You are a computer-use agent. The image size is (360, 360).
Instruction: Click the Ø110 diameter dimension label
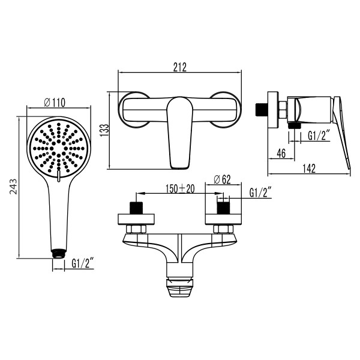coord(55,103)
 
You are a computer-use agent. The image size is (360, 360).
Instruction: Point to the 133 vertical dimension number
coord(104,130)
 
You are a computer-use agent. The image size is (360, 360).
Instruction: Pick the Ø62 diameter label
coord(223,179)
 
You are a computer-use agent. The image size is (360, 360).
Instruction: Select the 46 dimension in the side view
coord(280,153)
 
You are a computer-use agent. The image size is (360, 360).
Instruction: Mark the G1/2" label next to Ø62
coord(260,192)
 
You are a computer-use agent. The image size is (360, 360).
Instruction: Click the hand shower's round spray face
coord(58,146)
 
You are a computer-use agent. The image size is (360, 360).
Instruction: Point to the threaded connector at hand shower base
coord(58,253)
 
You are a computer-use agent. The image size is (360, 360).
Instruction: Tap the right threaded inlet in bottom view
coord(223,211)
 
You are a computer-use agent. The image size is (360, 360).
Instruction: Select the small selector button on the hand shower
coord(58,176)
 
